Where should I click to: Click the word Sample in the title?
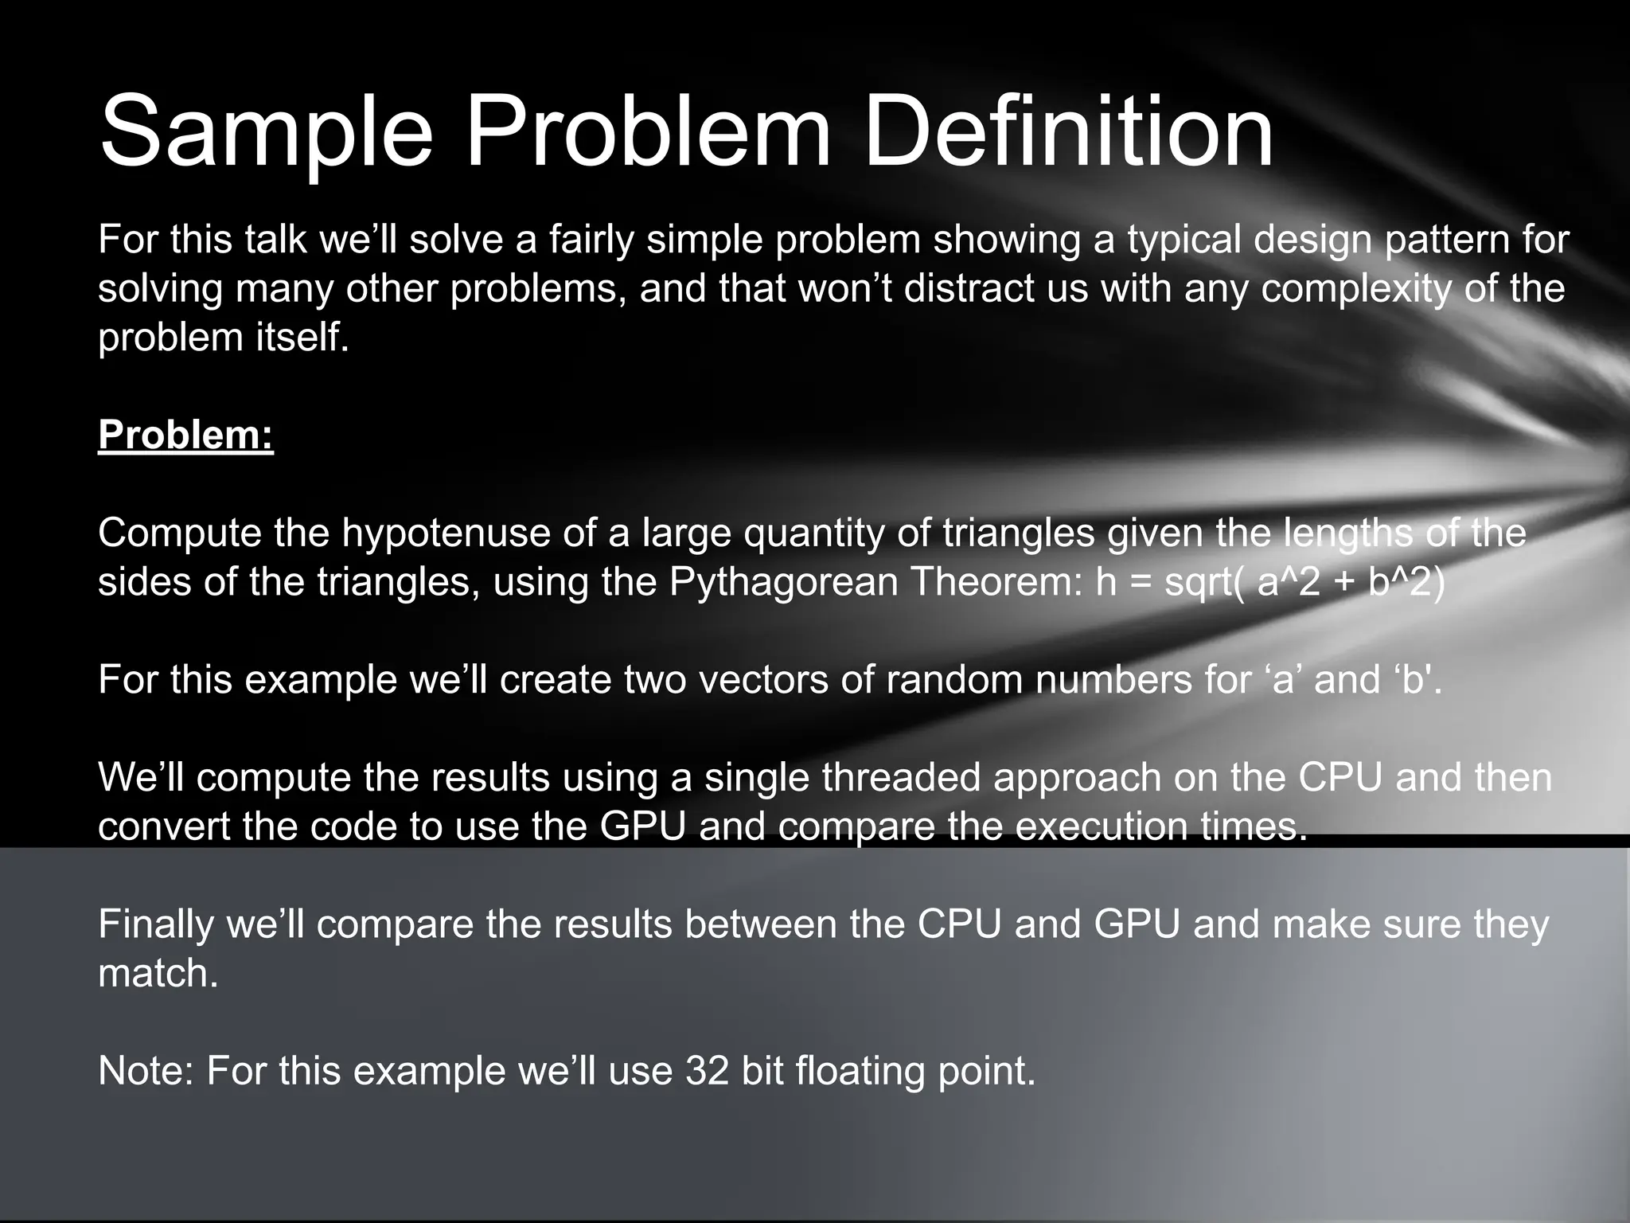266,132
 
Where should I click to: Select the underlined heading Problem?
185,435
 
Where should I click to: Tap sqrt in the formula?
1201,584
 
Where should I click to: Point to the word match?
158,973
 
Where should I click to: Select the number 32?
707,1072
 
